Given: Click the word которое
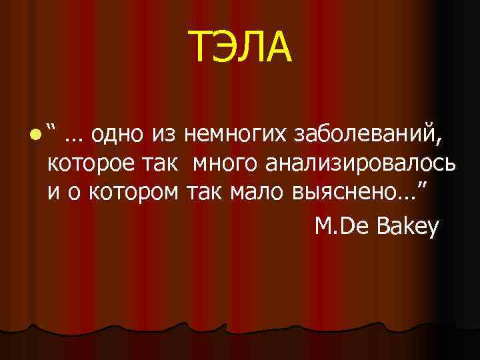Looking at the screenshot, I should (89, 163).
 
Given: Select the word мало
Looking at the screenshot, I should (257, 193).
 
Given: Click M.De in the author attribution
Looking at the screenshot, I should (341, 227).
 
